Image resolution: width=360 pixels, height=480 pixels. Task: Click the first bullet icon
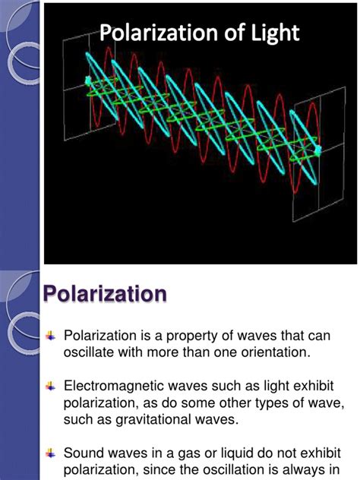coord(50,334)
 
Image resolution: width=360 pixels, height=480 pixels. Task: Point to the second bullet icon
coord(50,385)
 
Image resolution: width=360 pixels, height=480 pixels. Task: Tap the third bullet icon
coord(50,452)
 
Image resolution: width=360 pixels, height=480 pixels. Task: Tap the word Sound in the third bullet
coord(85,453)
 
